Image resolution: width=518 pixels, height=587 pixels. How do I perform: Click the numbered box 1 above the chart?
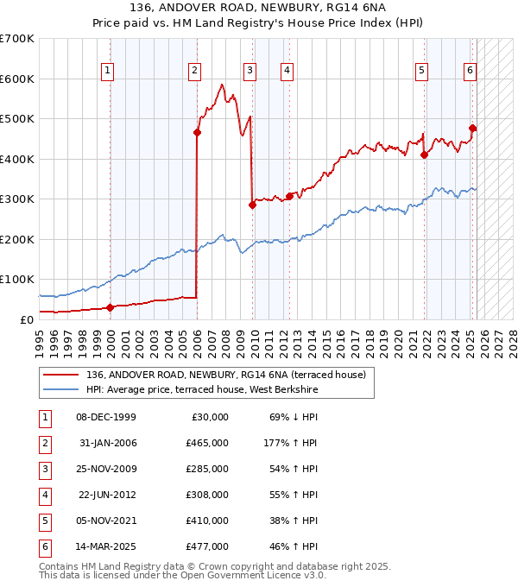tap(107, 71)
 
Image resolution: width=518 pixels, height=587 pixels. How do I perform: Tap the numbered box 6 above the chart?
tap(470, 71)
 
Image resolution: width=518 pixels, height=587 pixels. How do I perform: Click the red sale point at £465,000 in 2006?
tap(197, 132)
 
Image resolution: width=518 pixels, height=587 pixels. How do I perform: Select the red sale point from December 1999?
tap(110, 307)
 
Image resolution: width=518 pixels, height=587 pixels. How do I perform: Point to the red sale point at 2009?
tap(252, 205)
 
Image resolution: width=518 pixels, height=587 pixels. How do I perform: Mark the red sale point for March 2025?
tap(472, 128)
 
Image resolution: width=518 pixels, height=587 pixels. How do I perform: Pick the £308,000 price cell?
tap(207, 495)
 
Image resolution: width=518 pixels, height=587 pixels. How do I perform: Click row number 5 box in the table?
tap(43, 521)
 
